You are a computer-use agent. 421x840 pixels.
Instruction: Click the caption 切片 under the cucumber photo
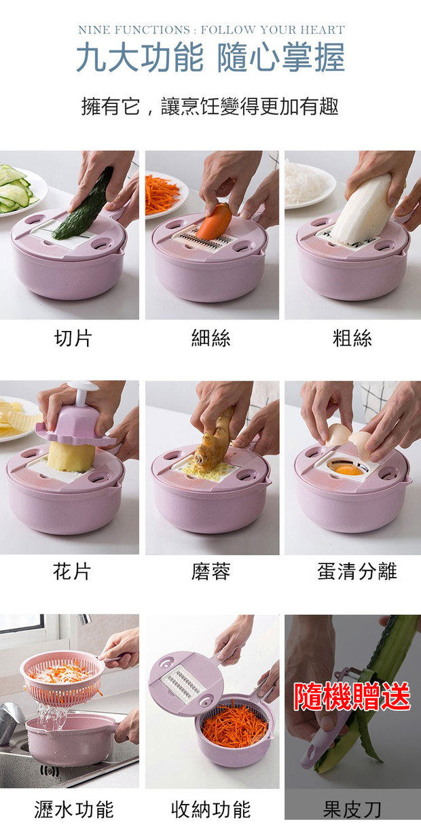73,338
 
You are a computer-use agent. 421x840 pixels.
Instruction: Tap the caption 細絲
211,338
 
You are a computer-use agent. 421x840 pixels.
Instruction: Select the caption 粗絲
352,338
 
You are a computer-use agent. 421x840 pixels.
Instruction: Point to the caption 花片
71,572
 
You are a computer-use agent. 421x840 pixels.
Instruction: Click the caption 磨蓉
211,572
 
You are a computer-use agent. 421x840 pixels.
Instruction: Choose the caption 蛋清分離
356,572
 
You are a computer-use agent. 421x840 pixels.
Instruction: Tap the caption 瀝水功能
74,809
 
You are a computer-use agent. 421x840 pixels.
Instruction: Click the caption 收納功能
211,809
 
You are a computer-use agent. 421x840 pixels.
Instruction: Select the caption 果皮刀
352,809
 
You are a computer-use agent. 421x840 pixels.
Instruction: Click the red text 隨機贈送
352,697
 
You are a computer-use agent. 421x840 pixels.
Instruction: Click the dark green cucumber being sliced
84,205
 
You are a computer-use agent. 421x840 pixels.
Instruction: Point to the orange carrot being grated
215,222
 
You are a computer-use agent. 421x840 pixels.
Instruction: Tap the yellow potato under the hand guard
71,457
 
